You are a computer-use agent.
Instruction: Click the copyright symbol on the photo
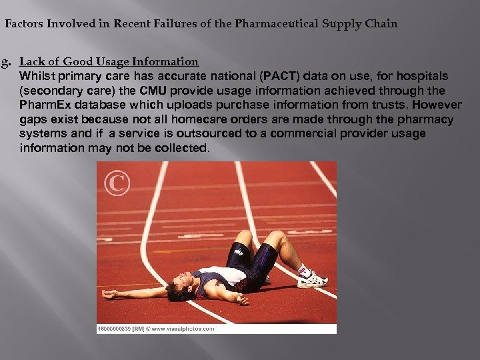tap(117, 183)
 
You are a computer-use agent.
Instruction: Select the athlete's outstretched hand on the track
tap(109, 294)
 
